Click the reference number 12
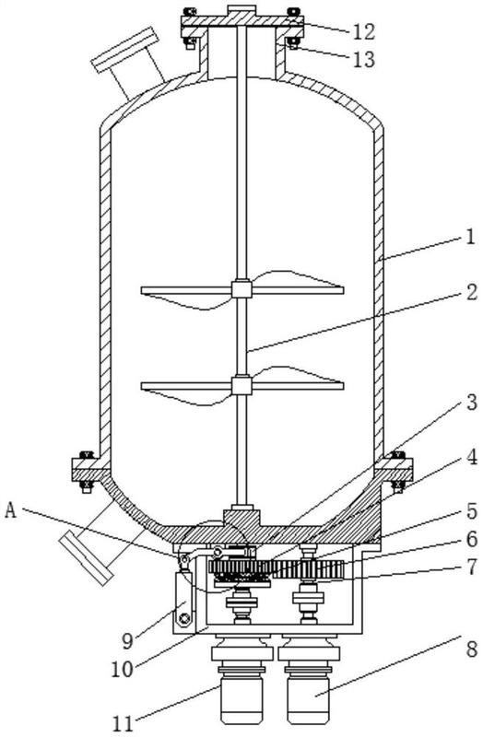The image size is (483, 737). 363,31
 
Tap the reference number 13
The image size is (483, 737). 363,60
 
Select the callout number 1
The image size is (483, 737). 469,237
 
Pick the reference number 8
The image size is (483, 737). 471,650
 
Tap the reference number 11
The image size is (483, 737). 124,723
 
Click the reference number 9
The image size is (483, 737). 127,640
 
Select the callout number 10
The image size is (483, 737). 123,670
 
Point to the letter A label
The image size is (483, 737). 10,511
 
